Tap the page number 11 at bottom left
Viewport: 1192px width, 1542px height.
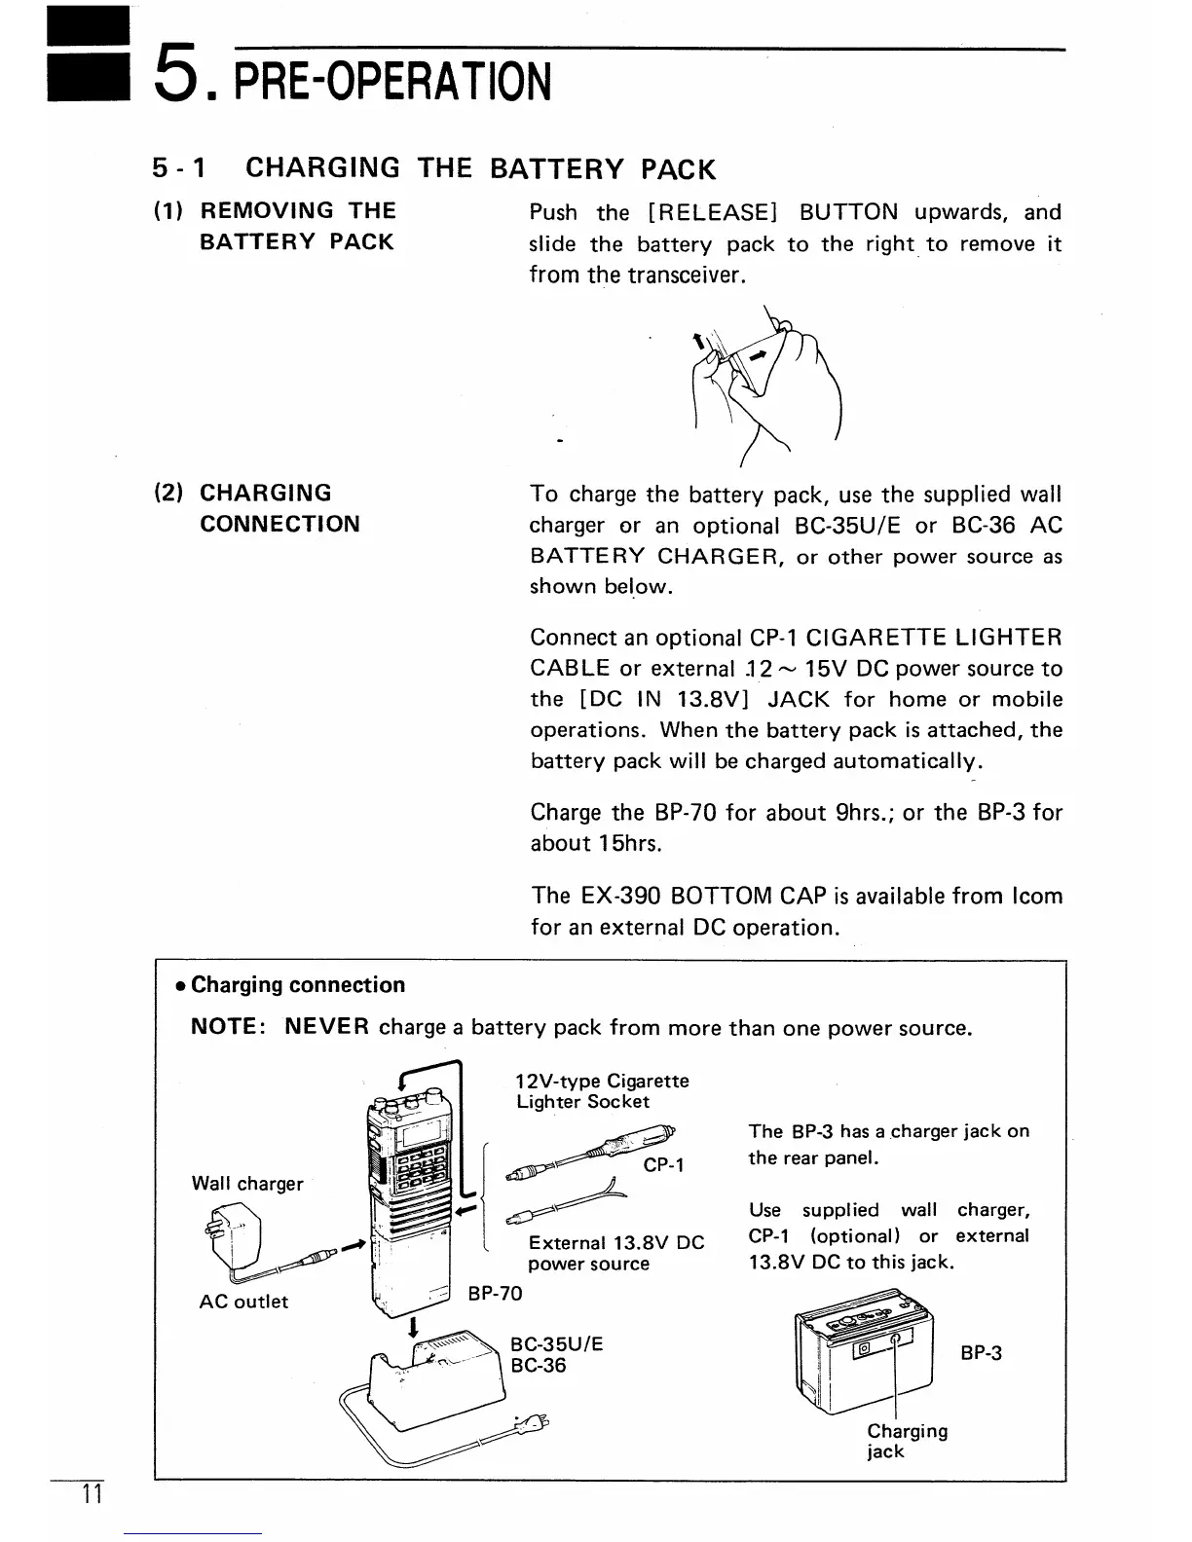pyautogui.click(x=93, y=1496)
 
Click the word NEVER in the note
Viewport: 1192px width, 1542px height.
pyautogui.click(x=326, y=1027)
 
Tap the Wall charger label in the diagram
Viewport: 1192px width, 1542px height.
pyautogui.click(x=247, y=1184)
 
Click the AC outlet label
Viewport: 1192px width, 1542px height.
pyautogui.click(x=243, y=1302)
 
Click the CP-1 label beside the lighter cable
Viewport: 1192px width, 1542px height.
pyautogui.click(x=664, y=1165)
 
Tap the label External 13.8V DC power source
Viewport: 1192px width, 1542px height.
pyautogui.click(x=615, y=1253)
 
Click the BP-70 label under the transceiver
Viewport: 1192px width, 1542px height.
pyautogui.click(x=495, y=1293)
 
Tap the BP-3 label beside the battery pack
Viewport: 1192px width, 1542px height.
pyautogui.click(x=981, y=1353)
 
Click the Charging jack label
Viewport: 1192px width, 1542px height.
pyautogui.click(x=907, y=1441)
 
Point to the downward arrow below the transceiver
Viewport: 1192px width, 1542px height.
pyautogui.click(x=415, y=1327)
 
